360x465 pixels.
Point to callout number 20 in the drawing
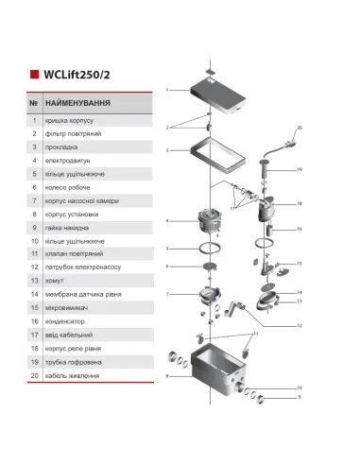pos(299,126)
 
